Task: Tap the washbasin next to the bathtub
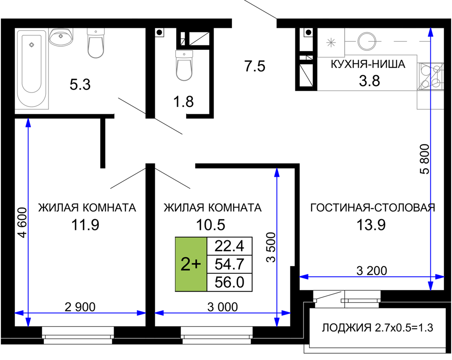pyautogui.click(x=61, y=37)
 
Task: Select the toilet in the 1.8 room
pyautogui.click(x=184, y=65)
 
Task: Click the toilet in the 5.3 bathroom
pyautogui.click(x=96, y=44)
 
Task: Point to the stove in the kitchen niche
pyautogui.click(x=431, y=76)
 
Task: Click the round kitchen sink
pyautogui.click(x=367, y=42)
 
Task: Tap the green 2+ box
pyautogui.click(x=191, y=264)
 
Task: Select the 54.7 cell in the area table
pyautogui.click(x=230, y=264)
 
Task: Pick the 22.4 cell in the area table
pyautogui.click(x=230, y=246)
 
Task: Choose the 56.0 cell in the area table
pyautogui.click(x=230, y=282)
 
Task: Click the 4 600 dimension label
pyautogui.click(x=23, y=222)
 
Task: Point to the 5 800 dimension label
pyautogui.click(x=425, y=159)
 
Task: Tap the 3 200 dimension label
pyautogui.click(x=371, y=271)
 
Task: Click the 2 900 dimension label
pyautogui.click(x=80, y=307)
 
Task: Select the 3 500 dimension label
pyautogui.click(x=271, y=247)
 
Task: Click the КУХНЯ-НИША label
pyautogui.click(x=368, y=64)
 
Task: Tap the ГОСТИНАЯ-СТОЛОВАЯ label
pyautogui.click(x=372, y=208)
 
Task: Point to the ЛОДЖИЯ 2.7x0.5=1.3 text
pyautogui.click(x=377, y=328)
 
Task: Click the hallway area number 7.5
pyautogui.click(x=255, y=66)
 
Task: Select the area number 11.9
pyautogui.click(x=85, y=224)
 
